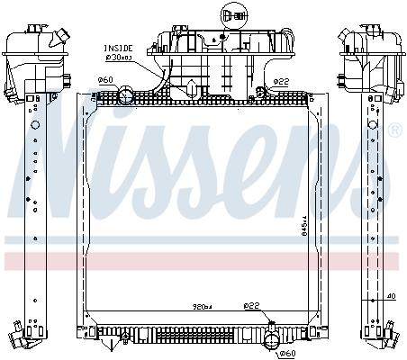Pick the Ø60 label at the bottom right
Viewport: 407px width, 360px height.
[x=286, y=354]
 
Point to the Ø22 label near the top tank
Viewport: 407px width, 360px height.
[x=281, y=81]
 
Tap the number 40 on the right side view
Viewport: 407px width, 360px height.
[x=391, y=295]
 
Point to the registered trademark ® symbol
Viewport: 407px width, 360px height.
[x=393, y=131]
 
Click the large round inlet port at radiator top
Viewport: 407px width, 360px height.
[x=126, y=92]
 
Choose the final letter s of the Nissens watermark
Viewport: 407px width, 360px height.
[x=360, y=175]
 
